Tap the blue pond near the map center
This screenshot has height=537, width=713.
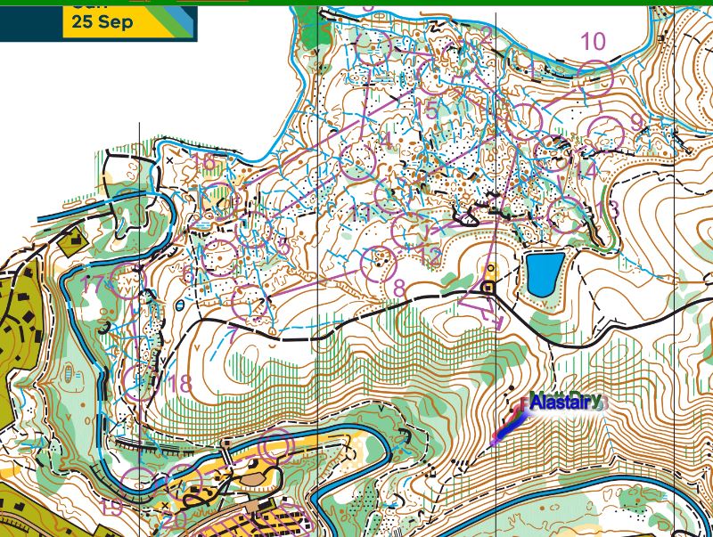(x=544, y=273)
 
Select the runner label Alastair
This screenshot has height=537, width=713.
(x=565, y=403)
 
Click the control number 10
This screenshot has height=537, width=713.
(x=593, y=41)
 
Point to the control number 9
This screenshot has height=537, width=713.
(x=636, y=121)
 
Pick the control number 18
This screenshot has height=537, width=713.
(x=180, y=383)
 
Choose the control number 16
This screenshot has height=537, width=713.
(x=203, y=162)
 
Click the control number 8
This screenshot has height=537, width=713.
(x=398, y=287)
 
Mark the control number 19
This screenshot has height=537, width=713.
(x=111, y=508)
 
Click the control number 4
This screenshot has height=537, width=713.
(x=385, y=138)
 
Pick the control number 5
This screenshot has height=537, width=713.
(x=432, y=110)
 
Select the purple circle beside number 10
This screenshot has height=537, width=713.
(x=594, y=79)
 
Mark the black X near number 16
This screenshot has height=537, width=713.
(x=169, y=160)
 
